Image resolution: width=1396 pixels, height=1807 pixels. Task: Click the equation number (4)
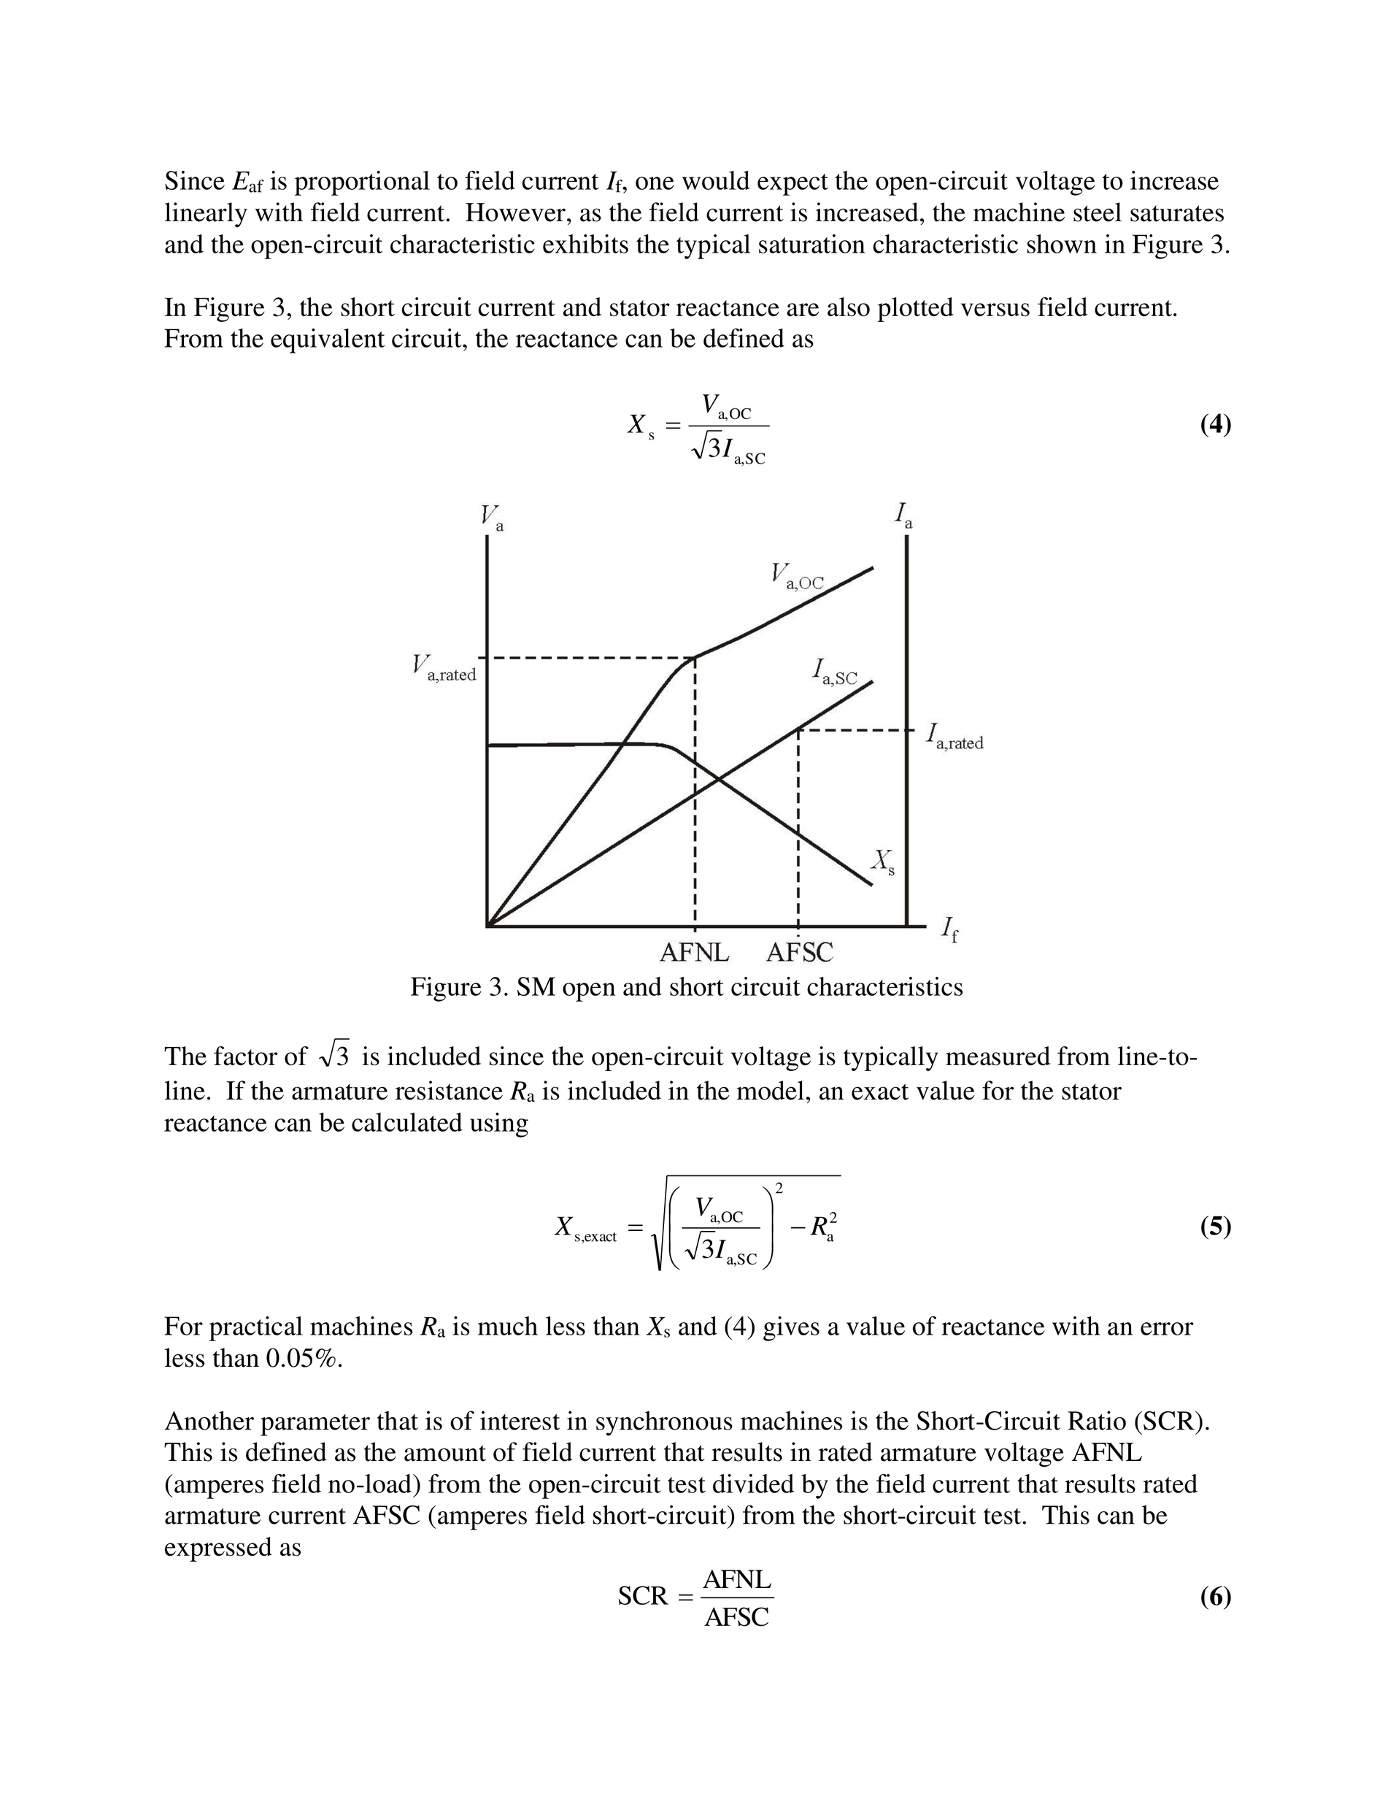pos(1215,425)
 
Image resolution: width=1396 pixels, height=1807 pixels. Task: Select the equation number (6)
pos(1215,1596)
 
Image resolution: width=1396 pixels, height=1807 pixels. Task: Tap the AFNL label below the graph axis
pos(694,953)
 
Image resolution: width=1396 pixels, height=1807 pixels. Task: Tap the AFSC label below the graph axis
pos(799,953)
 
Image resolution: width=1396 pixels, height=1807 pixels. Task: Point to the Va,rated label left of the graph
pos(444,668)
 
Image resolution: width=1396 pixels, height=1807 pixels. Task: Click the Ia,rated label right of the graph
pos(955,737)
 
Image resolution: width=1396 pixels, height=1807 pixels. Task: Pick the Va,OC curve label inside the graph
pos(797,577)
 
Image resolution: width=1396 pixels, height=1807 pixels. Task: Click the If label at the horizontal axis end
pos(950,931)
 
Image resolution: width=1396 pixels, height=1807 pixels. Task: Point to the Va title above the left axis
pos(492,518)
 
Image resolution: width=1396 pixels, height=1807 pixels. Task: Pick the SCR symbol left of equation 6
pos(641,1597)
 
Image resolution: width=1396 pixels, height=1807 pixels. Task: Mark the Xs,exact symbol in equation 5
pos(585,1229)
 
